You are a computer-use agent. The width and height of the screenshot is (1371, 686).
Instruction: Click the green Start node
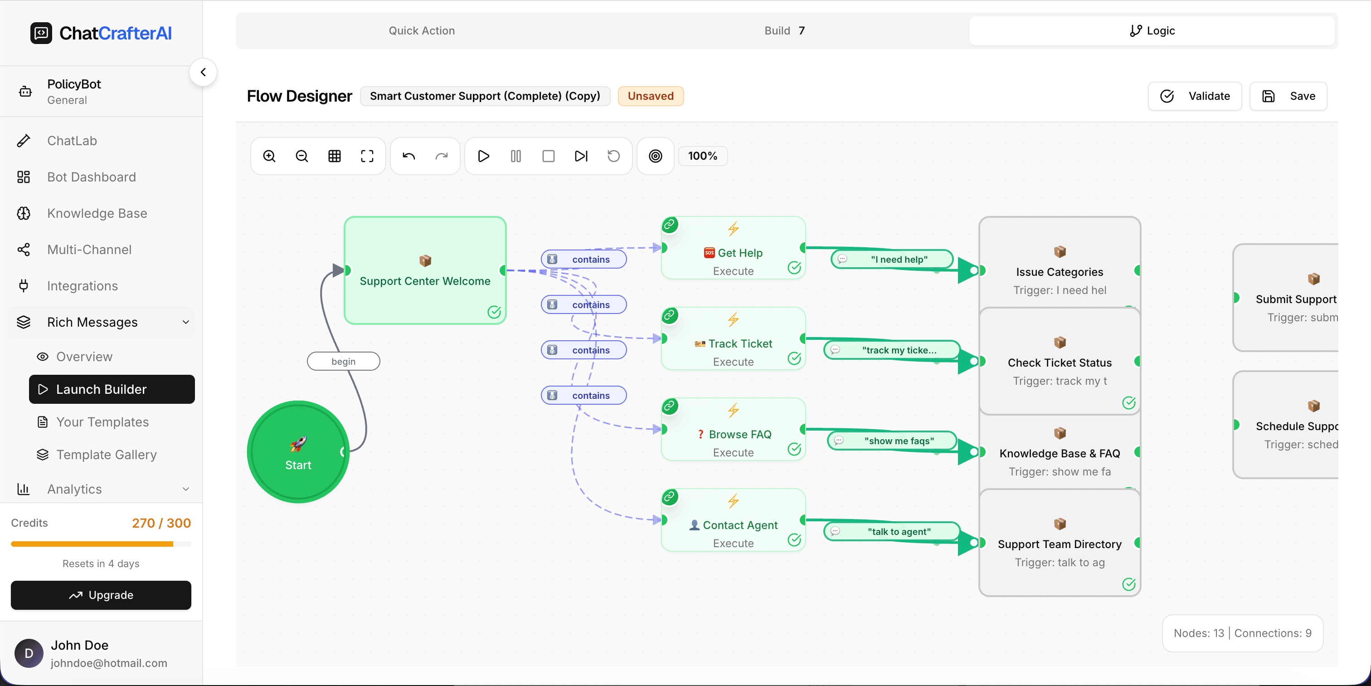point(298,451)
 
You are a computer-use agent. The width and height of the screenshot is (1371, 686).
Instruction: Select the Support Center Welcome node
point(425,270)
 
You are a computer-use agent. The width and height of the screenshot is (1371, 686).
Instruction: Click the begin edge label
point(343,361)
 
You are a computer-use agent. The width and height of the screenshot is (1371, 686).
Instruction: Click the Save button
point(1288,96)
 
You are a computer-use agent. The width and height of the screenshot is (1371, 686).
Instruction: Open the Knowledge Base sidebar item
point(97,213)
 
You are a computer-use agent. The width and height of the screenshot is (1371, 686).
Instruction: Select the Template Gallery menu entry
point(107,454)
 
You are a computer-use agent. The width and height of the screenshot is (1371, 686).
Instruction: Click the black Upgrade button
point(101,595)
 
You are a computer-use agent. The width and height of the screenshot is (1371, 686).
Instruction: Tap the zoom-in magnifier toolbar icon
point(269,156)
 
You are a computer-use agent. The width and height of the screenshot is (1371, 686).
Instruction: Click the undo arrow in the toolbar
point(409,156)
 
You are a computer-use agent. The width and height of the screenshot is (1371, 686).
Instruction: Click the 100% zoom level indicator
point(703,156)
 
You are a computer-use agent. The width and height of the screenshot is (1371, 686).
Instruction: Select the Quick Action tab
point(422,31)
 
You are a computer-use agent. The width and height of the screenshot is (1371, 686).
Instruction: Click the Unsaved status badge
point(651,96)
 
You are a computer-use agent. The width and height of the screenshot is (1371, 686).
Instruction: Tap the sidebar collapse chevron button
point(203,72)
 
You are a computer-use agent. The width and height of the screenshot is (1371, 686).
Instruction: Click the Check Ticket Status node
point(1059,362)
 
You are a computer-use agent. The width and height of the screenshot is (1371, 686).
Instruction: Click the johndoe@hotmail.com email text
point(108,663)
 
